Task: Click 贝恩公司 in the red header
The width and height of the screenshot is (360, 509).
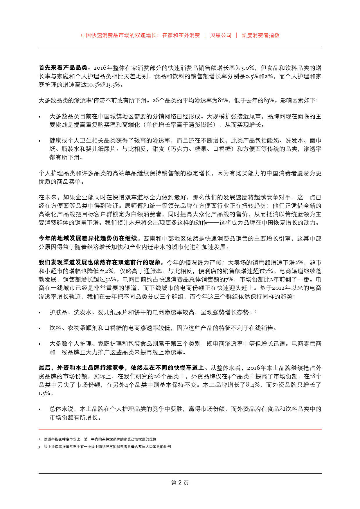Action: [221, 35]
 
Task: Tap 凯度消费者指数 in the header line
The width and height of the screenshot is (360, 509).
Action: [260, 35]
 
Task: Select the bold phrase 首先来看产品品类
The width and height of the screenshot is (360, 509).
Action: [63, 68]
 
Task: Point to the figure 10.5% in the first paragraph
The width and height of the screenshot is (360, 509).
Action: [94, 85]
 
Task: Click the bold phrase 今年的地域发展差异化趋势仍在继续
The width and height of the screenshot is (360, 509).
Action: [88, 239]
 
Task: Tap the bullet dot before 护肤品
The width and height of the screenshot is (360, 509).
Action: [40, 313]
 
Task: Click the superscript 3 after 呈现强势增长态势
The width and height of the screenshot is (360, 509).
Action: [255, 311]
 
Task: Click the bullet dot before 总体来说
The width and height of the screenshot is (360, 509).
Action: [40, 409]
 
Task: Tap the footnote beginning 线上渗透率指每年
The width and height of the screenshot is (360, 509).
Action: [107, 447]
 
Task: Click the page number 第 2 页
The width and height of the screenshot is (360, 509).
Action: [180, 483]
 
